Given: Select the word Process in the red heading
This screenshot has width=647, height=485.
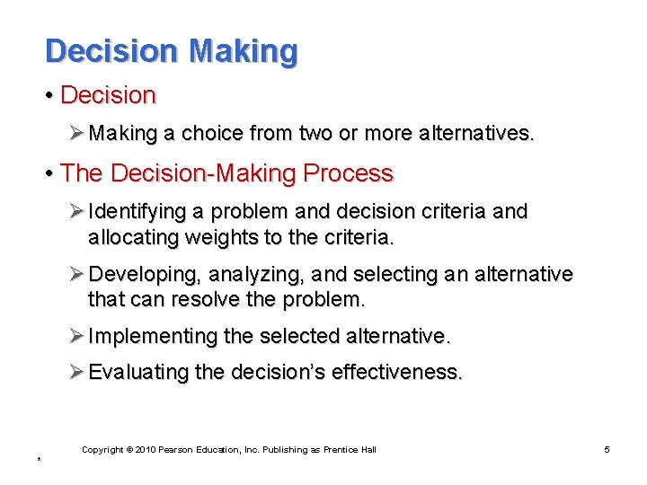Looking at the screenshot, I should click(x=350, y=173).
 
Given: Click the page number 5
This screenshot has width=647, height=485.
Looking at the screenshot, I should click(x=607, y=449).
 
